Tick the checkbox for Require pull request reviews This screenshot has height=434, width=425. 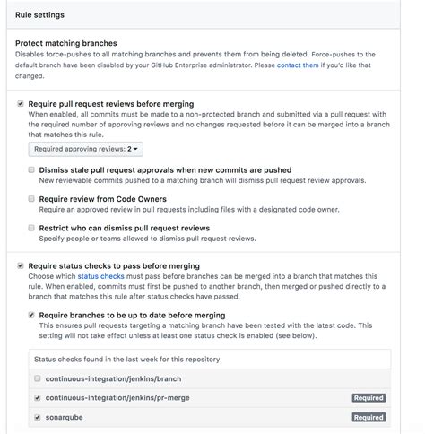coord(21,104)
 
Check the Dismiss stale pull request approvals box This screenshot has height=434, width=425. coord(32,169)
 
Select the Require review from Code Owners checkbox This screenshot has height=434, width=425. coord(32,198)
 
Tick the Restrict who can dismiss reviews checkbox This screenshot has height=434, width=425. coord(32,228)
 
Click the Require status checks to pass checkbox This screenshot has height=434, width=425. coord(21,266)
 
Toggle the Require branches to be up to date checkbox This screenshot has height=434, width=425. coord(32,316)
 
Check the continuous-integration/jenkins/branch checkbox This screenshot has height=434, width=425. coord(37,378)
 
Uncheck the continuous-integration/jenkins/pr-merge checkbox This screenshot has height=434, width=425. coord(37,397)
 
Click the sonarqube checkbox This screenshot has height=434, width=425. coord(37,417)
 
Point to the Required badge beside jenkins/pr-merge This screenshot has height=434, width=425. coord(368,397)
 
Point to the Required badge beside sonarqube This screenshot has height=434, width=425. coord(368,417)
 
